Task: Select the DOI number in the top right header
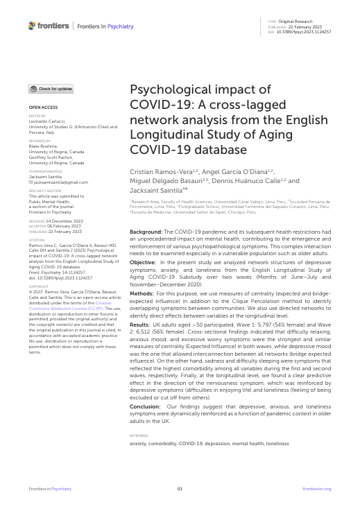[305, 32]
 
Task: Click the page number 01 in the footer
[180, 489]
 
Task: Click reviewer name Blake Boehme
[42, 147]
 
